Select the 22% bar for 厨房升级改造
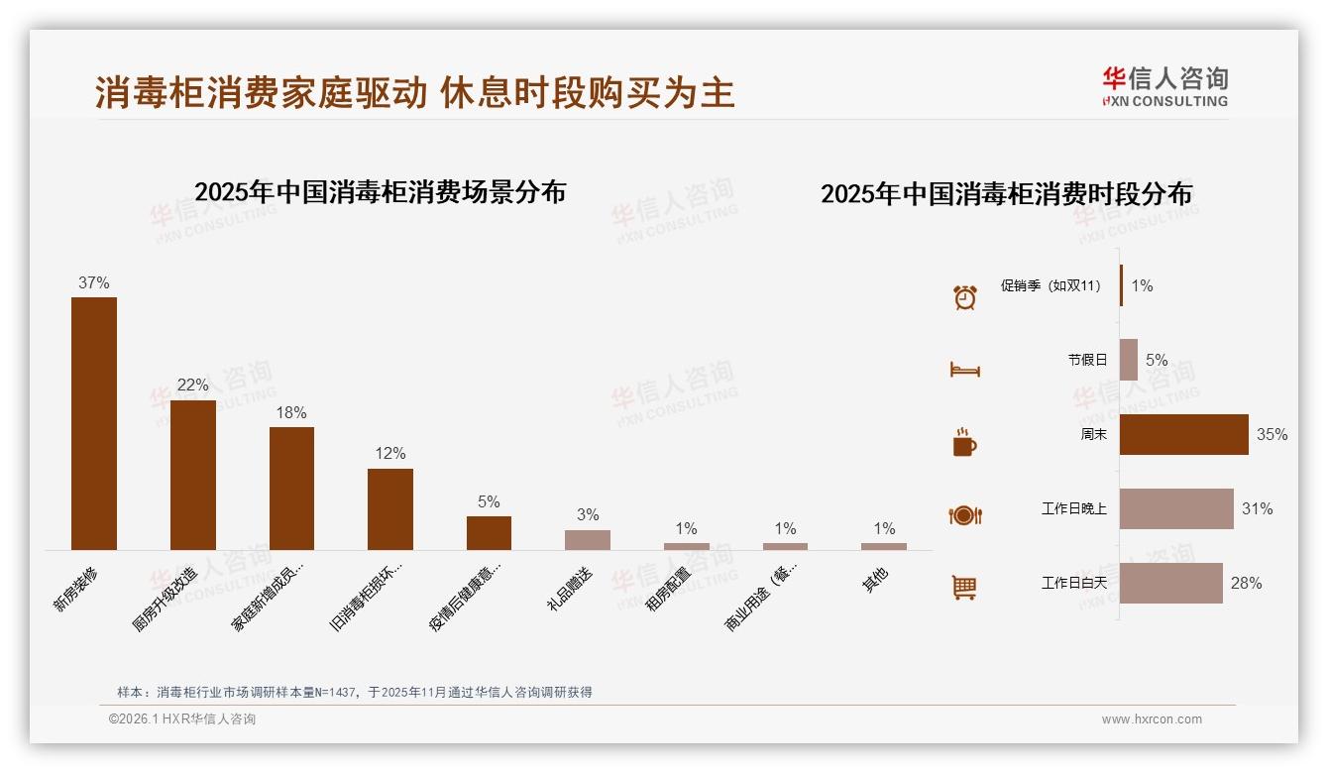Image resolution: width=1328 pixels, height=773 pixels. click(192, 475)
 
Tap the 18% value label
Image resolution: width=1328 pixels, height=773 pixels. click(291, 412)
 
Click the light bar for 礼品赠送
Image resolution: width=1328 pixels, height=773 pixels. click(588, 539)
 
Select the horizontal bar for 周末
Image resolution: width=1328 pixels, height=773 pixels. click(1183, 434)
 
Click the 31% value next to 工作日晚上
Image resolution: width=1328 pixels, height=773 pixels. click(1257, 508)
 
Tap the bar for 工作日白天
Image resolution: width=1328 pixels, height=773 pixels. click(1170, 583)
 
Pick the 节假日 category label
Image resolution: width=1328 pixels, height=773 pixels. click(1087, 360)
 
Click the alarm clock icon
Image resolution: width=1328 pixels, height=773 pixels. click(964, 297)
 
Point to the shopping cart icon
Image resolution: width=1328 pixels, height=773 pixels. click(964, 588)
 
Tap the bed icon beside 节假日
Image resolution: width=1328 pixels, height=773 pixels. click(964, 370)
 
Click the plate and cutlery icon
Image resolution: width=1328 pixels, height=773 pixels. click(964, 515)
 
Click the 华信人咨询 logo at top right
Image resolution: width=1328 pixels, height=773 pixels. click(1164, 86)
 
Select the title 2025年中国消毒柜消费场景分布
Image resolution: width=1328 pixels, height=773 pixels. click(380, 192)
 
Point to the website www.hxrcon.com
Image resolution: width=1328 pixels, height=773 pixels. click(1152, 719)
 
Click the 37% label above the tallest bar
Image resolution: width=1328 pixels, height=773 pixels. click(94, 282)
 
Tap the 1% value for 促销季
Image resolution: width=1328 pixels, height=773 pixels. click(1142, 285)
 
